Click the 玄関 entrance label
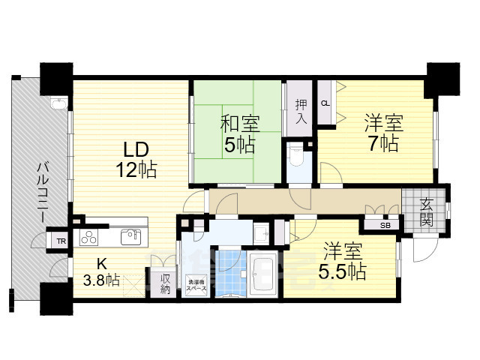[x=425, y=211]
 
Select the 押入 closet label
[x=301, y=111]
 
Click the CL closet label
[x=325, y=103]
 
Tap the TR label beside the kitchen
[x=59, y=241]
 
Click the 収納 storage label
[x=166, y=283]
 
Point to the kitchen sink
[x=131, y=237]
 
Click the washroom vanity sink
[x=260, y=232]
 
